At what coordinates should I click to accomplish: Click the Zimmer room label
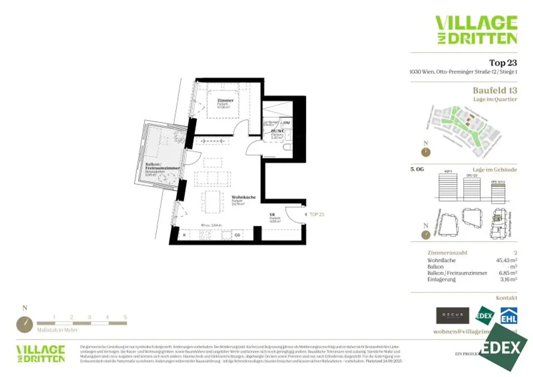click(x=226, y=100)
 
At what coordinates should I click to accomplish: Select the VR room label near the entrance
click(x=271, y=215)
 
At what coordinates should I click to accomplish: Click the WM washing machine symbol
click(x=286, y=122)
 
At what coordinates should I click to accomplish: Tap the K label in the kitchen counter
click(x=185, y=235)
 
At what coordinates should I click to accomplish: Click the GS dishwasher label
click(x=237, y=235)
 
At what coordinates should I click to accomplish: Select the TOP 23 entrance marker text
click(x=316, y=214)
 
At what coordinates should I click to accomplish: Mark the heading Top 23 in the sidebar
click(x=503, y=62)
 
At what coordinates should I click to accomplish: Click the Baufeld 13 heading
click(x=495, y=90)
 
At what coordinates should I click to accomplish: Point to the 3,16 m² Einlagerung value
click(x=505, y=280)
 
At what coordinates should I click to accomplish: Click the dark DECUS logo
click(x=452, y=316)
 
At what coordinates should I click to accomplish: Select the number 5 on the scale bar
click(x=125, y=317)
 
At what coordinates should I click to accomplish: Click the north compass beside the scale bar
click(x=24, y=324)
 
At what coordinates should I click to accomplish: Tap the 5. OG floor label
click(x=417, y=169)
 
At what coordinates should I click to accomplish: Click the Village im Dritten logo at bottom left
click(x=41, y=353)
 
